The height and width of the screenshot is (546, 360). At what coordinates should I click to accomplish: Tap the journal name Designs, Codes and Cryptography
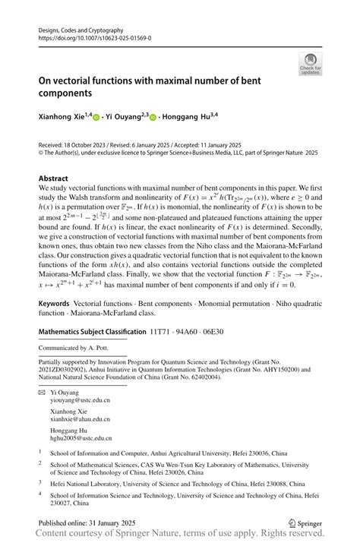coord(83,29)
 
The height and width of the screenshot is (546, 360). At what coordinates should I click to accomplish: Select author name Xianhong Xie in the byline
coord(62,117)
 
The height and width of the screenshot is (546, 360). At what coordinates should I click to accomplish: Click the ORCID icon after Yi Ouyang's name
coord(153,118)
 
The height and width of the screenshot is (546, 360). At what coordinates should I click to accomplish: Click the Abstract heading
coord(58,179)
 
